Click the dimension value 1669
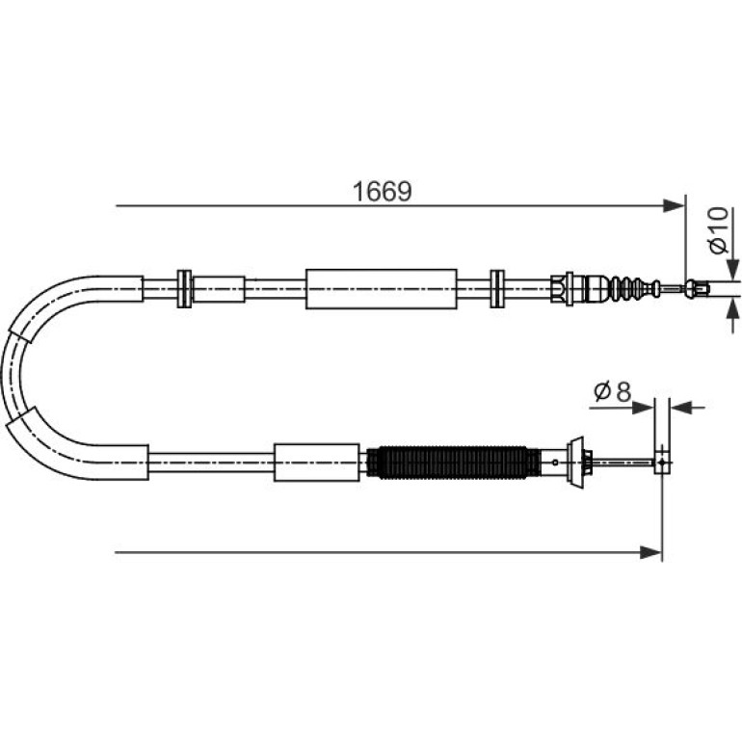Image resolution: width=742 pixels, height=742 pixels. [383, 192]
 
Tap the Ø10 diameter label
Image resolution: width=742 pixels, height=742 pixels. [718, 230]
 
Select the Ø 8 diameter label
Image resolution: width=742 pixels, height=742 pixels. [613, 392]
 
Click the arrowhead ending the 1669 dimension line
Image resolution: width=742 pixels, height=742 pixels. [674, 206]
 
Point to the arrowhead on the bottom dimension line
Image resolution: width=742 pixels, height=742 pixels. [650, 552]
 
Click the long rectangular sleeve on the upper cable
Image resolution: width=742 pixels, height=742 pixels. [382, 289]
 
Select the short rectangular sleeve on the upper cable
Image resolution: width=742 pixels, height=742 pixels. [219, 289]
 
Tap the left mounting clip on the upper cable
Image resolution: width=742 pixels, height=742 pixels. [184, 289]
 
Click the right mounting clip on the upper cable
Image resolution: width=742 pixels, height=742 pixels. [497, 289]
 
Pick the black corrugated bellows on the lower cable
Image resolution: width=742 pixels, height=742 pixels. [453, 463]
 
